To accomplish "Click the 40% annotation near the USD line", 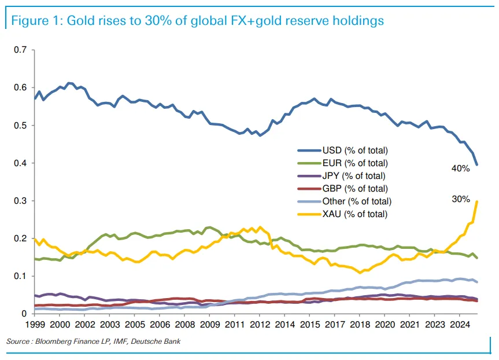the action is (x=460, y=168).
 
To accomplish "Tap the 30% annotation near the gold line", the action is (x=461, y=199).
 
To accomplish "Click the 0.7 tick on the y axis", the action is (x=20, y=50).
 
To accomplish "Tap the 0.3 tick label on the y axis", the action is (x=20, y=201).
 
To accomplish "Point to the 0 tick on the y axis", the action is (x=24, y=314).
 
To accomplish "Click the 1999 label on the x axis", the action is (x=35, y=325).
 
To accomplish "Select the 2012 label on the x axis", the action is (x=260, y=325).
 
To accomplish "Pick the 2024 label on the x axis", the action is (x=460, y=325).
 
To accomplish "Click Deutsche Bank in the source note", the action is (x=156, y=341).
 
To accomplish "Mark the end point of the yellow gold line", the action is (x=476, y=201).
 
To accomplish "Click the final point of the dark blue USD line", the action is (x=476, y=165).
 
